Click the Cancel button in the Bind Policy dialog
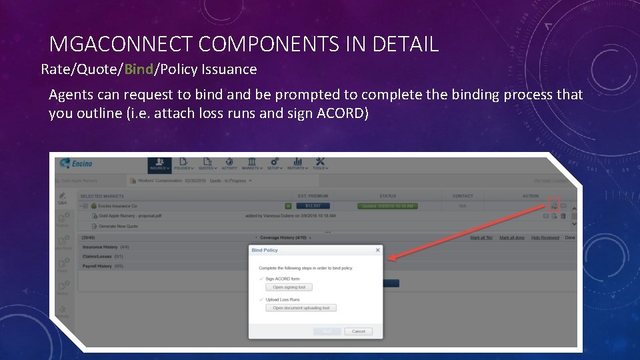click(x=359, y=331)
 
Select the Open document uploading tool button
click(x=301, y=308)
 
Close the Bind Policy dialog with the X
click(x=377, y=250)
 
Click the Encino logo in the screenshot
click(x=75, y=163)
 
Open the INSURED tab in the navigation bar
click(x=159, y=164)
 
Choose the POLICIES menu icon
click(x=183, y=164)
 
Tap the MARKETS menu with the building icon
click(x=251, y=164)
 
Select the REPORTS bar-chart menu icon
click(x=297, y=164)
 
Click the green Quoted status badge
click(x=387, y=206)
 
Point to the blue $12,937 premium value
click(x=313, y=206)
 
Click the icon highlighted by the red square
click(x=553, y=205)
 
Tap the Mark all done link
click(x=511, y=237)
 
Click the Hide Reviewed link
click(x=545, y=237)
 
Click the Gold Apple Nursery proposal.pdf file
click(x=130, y=216)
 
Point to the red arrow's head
click(x=390, y=259)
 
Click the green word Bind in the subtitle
click(x=139, y=69)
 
